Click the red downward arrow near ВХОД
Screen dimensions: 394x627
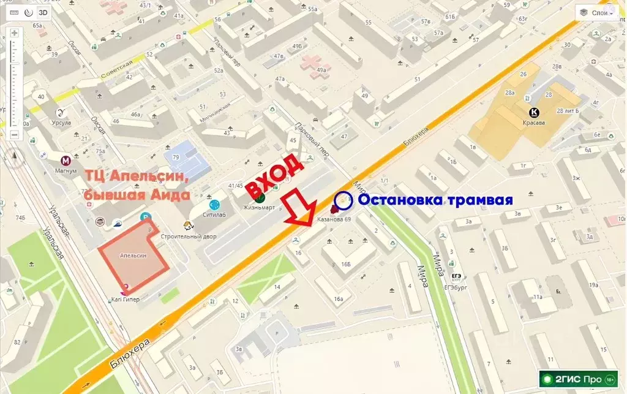tap(299, 209)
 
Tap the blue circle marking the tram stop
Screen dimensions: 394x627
tap(344, 200)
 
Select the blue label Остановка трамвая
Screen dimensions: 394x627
tap(435, 200)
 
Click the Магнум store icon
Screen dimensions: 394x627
tap(65, 161)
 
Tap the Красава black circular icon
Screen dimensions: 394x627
tap(534, 112)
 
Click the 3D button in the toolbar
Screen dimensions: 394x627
tap(43, 12)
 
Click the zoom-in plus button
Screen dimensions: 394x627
tap(14, 33)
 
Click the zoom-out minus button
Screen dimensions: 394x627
tap(14, 134)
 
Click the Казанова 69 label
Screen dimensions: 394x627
tap(333, 219)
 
